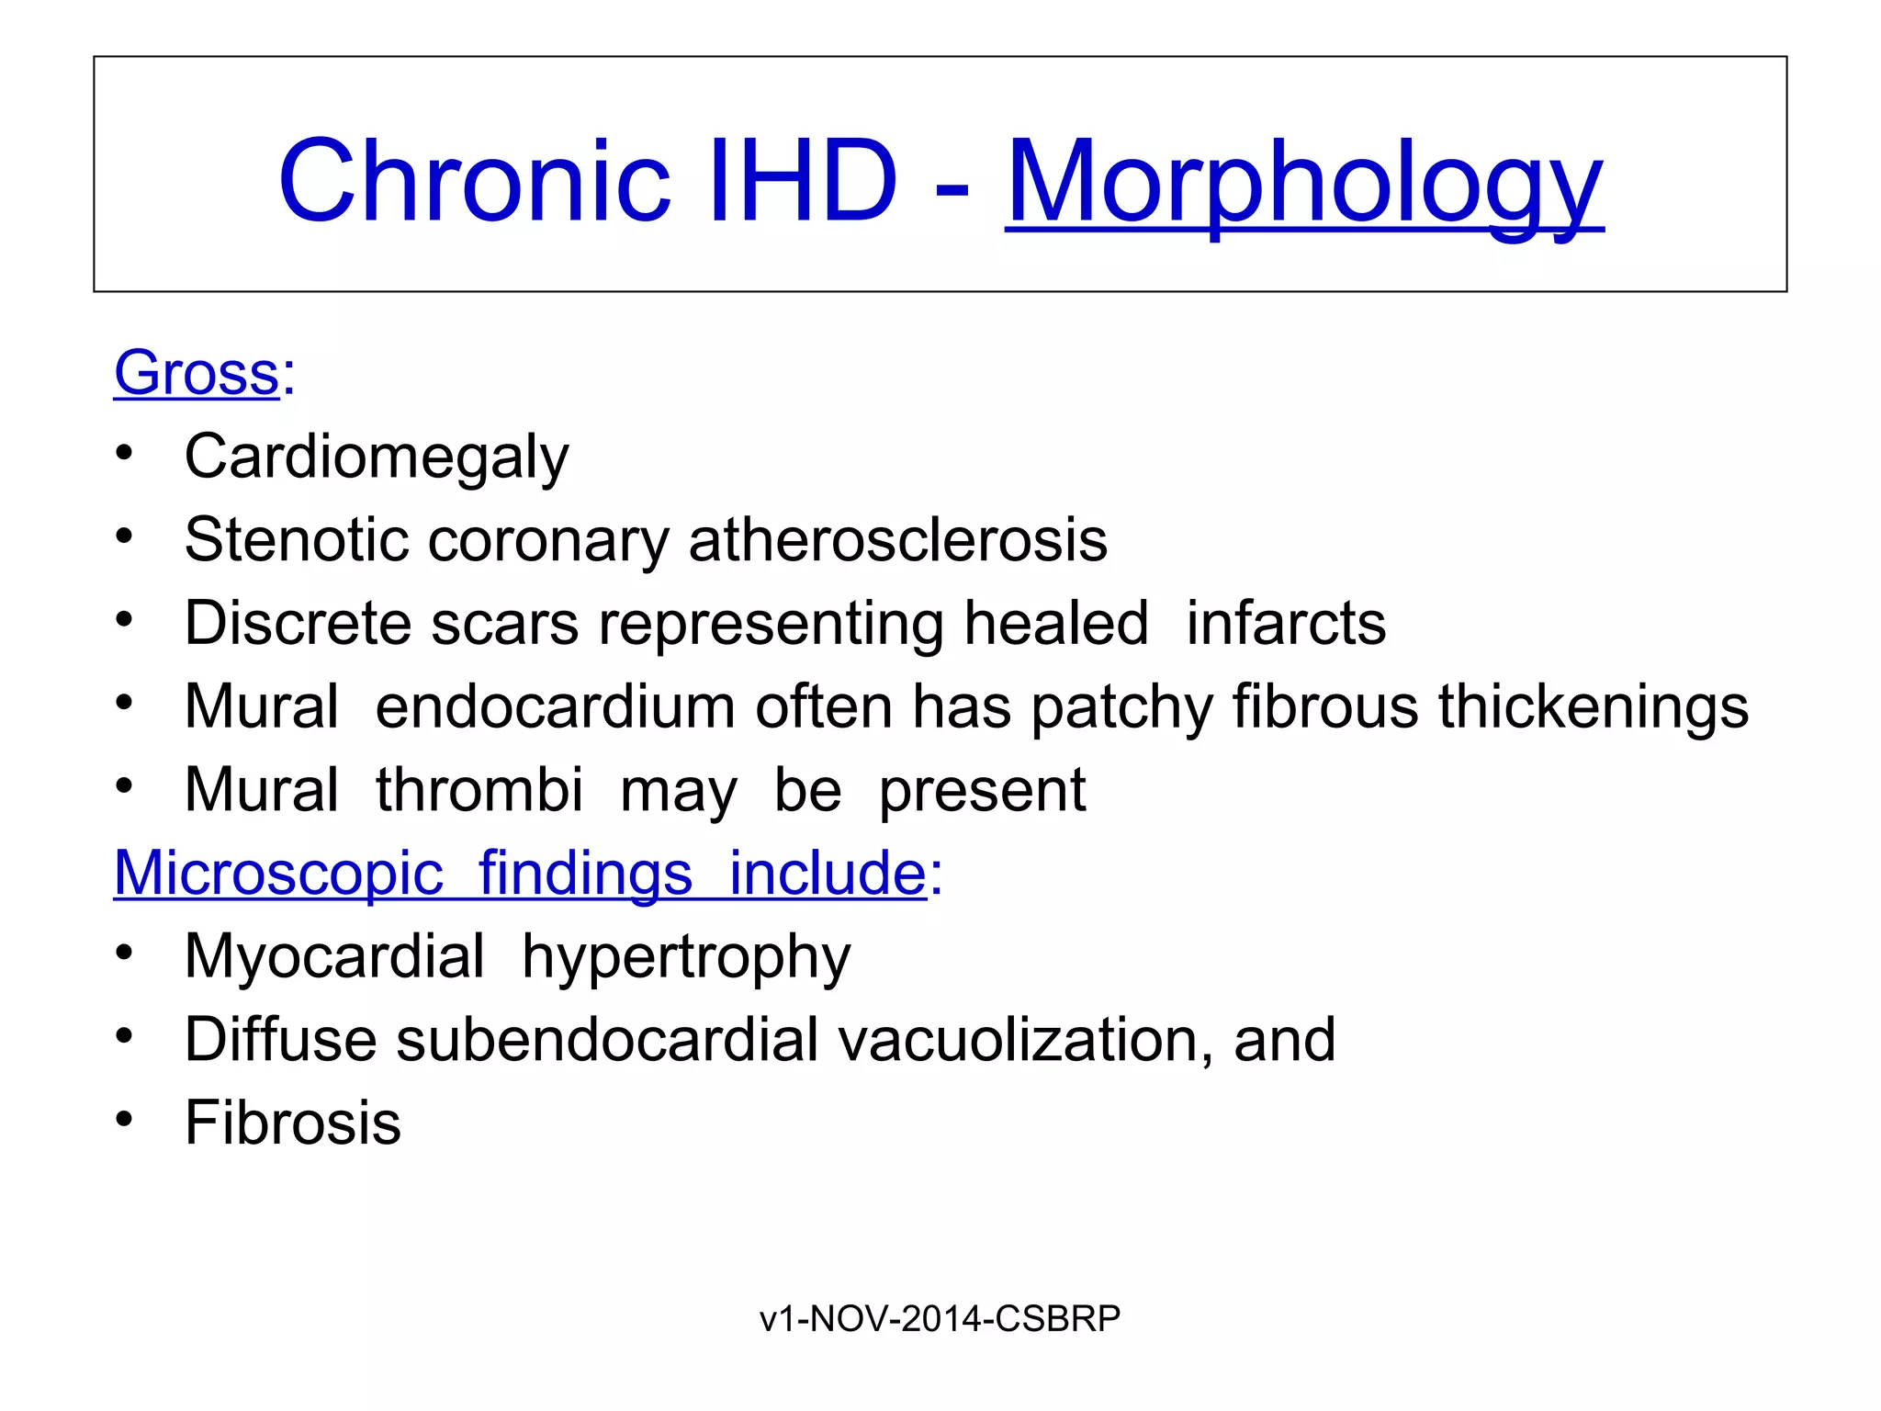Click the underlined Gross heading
pyautogui.click(x=196, y=373)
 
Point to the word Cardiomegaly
pyautogui.click(x=377, y=457)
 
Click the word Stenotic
pyautogui.click(x=296, y=539)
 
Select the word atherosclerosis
pyautogui.click(x=897, y=539)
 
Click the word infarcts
pyautogui.click(x=1286, y=623)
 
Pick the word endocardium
pyautogui.click(x=555, y=706)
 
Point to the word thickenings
pyautogui.click(x=1594, y=706)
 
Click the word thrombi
pyautogui.click(x=479, y=790)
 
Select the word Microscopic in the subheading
pyautogui.click(x=278, y=873)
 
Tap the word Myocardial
pyautogui.click(x=334, y=956)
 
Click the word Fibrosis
pyautogui.click(x=293, y=1123)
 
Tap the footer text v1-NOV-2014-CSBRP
pyautogui.click(x=940, y=1318)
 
